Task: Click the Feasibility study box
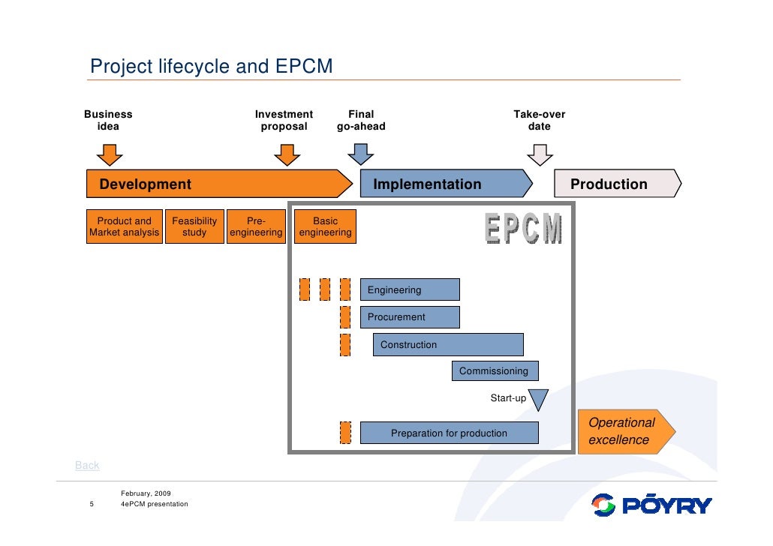tap(194, 226)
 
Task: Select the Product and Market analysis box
tap(124, 226)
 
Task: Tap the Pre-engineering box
tap(256, 226)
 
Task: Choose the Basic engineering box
tap(325, 226)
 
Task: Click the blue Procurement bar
tap(410, 317)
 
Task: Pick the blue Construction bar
tap(448, 345)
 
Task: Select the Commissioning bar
tap(495, 371)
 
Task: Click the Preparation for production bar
tap(449, 433)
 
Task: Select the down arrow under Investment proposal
tap(287, 154)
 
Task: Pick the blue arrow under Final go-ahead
tap(361, 154)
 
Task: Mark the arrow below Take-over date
tap(540, 154)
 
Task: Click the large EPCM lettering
tap(523, 229)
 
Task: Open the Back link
tap(87, 466)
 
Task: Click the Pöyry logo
tap(651, 505)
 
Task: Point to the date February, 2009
tap(146, 493)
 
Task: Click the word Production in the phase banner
tap(609, 184)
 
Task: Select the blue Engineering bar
tap(410, 290)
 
